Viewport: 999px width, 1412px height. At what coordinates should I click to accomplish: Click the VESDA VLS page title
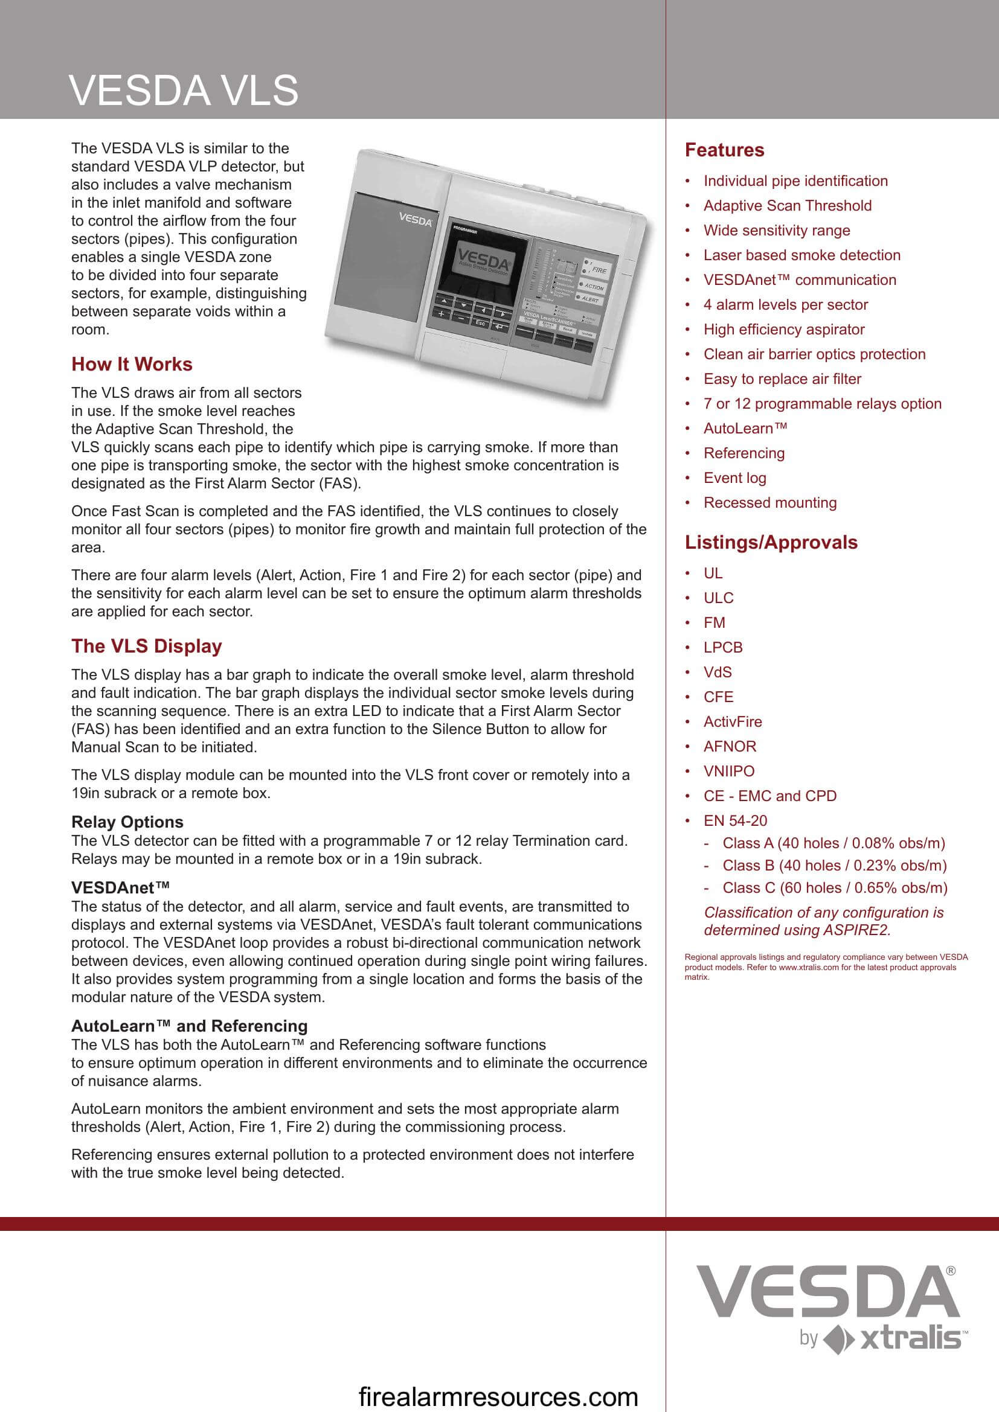(x=184, y=91)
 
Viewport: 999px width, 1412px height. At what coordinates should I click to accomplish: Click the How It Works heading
(x=132, y=364)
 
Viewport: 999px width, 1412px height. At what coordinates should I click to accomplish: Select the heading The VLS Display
(x=146, y=646)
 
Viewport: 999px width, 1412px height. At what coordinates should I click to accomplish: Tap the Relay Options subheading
(x=127, y=822)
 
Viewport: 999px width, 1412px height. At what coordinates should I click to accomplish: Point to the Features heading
(x=724, y=150)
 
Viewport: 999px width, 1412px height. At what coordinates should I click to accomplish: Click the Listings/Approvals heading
(x=771, y=543)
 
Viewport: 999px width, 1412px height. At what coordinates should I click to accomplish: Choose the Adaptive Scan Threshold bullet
(x=788, y=205)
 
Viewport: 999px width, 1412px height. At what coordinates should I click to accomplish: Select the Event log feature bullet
(x=734, y=478)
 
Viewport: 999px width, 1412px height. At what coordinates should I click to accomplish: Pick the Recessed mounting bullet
(x=769, y=502)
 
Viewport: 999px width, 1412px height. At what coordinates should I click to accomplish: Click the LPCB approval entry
(x=723, y=647)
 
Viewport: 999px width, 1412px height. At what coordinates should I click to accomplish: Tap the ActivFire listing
(x=732, y=721)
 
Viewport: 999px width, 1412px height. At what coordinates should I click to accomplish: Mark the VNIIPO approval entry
(x=728, y=770)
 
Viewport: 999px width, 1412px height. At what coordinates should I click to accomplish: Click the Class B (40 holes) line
(x=834, y=865)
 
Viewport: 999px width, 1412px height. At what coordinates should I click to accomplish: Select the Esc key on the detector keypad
(x=480, y=323)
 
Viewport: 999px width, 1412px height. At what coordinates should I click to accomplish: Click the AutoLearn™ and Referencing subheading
(x=190, y=1026)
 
